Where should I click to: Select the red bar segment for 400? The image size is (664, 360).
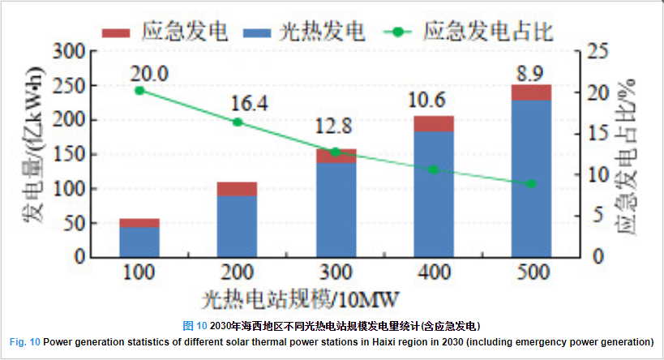pos(433,123)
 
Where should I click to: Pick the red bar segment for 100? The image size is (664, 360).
pos(139,223)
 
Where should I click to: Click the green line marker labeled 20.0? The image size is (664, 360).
pos(139,90)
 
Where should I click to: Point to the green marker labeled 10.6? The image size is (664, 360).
pos(433,169)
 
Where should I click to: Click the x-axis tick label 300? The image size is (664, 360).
pos(335,273)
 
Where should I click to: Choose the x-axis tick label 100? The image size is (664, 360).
pos(139,273)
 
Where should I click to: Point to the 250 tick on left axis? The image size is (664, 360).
pos(72,85)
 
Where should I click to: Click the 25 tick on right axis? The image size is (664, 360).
pos(599,51)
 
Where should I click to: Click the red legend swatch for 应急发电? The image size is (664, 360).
pos(115,32)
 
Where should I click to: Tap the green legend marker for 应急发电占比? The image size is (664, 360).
pos(398,32)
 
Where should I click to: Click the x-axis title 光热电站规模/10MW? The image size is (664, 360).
pos(301,299)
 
